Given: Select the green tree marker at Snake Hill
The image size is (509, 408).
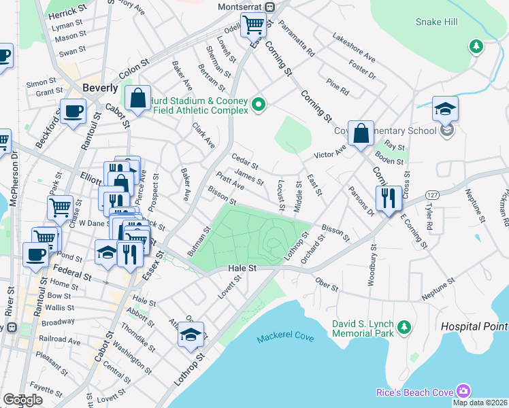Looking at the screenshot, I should (x=476, y=46).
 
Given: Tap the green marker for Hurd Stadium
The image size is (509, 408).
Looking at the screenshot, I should (x=259, y=104).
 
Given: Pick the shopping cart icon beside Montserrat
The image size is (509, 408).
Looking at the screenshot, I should (x=253, y=26).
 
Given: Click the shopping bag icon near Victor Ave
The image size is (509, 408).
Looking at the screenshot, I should (x=363, y=133).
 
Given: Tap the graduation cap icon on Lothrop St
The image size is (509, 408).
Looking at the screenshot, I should (x=191, y=335).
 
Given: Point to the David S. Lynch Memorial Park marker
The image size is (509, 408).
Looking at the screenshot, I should (x=404, y=328).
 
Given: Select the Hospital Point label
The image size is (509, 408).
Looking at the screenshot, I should (x=474, y=326).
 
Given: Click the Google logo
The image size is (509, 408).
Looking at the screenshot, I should (x=22, y=400).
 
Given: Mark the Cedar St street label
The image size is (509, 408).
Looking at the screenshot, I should (x=245, y=163).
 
